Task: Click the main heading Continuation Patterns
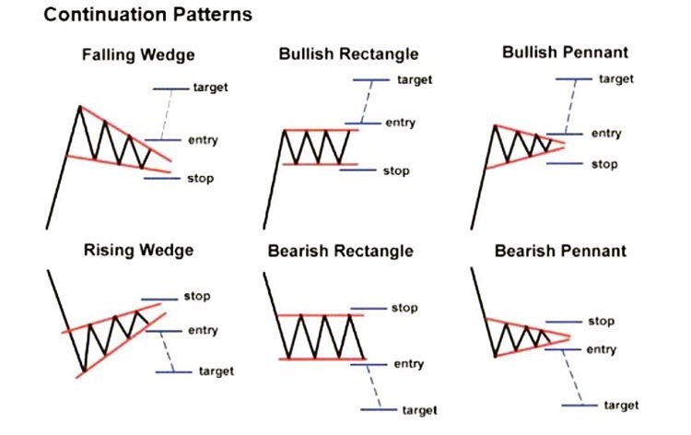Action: [x=135, y=16]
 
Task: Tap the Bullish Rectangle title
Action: [x=348, y=54]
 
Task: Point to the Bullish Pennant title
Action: [x=564, y=53]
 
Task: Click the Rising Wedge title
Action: [x=138, y=250]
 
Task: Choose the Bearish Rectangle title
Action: [x=341, y=251]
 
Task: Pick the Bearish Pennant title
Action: [x=560, y=250]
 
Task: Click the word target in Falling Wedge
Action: [x=211, y=88]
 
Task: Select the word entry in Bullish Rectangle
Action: [x=400, y=122]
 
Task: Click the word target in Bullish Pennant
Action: [x=616, y=78]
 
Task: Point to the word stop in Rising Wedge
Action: [x=197, y=296]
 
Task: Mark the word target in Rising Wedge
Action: [x=216, y=370]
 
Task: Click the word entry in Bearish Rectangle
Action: [x=409, y=364]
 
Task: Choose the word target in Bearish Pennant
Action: [x=621, y=405]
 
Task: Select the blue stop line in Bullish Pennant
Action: [x=563, y=164]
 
